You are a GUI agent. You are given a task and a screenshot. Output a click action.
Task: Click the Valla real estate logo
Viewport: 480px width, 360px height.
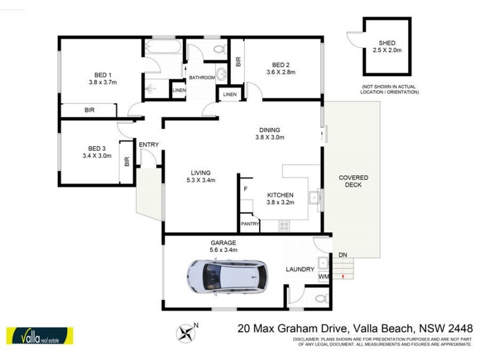pyautogui.click(x=39, y=336)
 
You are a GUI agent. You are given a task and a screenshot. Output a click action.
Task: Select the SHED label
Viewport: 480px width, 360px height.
pyautogui.click(x=387, y=43)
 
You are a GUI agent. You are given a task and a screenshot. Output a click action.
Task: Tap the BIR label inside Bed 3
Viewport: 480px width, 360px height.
pyautogui.click(x=127, y=162)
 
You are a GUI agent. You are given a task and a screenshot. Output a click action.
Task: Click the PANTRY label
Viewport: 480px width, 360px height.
pyautogui.click(x=250, y=224)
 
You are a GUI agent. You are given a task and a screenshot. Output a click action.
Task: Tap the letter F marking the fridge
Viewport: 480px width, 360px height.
pyautogui.click(x=245, y=190)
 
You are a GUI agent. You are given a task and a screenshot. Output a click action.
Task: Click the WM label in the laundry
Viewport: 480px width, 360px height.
pyautogui.click(x=323, y=277)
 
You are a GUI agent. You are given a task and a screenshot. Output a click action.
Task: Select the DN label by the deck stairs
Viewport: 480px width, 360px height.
pyautogui.click(x=343, y=254)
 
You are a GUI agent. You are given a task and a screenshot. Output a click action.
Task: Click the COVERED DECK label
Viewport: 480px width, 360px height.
pyautogui.click(x=353, y=182)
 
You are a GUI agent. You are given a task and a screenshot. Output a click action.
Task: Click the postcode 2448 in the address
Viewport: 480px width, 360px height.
pyautogui.click(x=460, y=328)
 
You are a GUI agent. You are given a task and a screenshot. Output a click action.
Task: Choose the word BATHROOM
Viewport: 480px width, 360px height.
pyautogui.click(x=202, y=78)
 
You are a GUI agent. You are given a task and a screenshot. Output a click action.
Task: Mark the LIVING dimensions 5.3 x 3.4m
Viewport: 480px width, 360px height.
pyautogui.click(x=200, y=179)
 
